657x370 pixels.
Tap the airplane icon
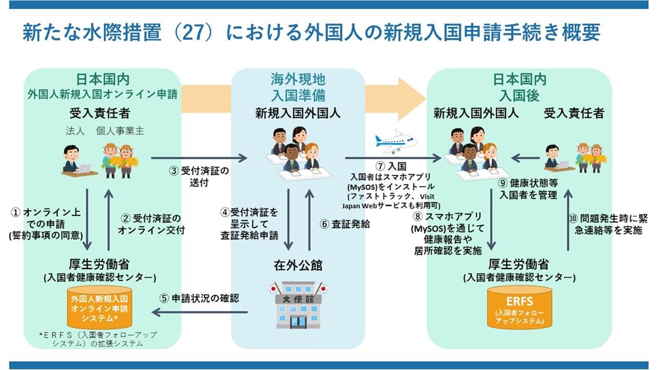pos(395,141)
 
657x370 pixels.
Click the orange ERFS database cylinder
pos(519,307)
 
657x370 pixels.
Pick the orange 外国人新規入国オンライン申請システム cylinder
pos(100,308)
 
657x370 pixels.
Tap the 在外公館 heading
pos(298,266)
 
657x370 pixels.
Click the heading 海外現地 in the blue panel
pos(298,79)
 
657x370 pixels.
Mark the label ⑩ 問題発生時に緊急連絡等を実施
pos(606,224)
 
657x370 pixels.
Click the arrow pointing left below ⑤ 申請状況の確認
pos(200,312)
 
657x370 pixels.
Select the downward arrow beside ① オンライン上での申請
pos(87,219)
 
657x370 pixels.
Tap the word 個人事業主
pos(120,131)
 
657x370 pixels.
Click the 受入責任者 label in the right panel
pos(574,113)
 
